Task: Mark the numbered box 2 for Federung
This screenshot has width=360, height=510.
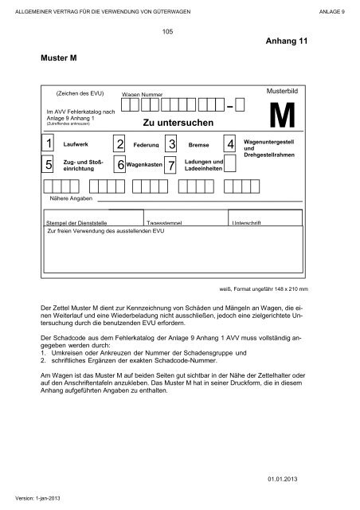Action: [119, 145]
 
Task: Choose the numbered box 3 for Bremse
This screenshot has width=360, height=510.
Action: [171, 145]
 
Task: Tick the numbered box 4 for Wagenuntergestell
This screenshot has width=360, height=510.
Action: [230, 144]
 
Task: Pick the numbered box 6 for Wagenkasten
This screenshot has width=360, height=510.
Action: [119, 165]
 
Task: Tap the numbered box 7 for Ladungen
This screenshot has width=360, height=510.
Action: [171, 166]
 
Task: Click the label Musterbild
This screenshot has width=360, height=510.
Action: [283, 92]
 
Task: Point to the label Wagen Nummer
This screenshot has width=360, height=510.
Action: [142, 95]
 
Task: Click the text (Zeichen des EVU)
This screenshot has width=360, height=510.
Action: [77, 92]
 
